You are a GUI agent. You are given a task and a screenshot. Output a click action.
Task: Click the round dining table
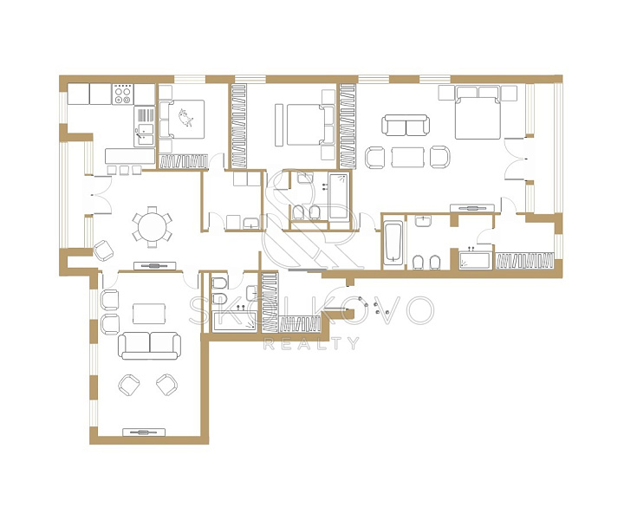tap(152, 228)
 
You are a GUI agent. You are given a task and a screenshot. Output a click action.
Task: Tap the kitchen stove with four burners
tap(122, 94)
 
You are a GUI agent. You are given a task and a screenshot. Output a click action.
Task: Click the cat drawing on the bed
tap(185, 118)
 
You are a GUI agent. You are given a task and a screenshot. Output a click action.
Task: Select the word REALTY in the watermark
tap(311, 343)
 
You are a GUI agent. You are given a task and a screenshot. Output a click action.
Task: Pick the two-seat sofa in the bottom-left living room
tap(150, 346)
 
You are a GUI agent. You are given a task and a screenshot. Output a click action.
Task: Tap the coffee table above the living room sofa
tap(149, 314)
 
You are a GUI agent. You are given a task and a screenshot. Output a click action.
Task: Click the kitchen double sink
tap(145, 135)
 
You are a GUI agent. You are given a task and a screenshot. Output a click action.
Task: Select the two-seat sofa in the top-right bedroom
tap(406, 125)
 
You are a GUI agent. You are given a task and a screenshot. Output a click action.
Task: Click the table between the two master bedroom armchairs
tap(407, 157)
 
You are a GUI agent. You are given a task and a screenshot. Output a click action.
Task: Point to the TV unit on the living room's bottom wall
tap(144, 432)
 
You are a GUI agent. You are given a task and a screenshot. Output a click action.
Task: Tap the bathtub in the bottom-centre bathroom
tap(234, 322)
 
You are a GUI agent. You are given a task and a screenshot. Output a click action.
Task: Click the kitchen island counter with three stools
tap(130, 156)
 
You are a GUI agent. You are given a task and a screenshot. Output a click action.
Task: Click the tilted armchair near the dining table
tap(103, 250)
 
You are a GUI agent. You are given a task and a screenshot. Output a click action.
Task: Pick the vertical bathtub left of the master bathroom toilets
tap(393, 244)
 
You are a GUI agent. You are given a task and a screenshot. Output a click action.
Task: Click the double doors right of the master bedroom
tap(517, 159)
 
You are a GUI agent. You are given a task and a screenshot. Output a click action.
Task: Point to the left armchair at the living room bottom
tap(129, 385)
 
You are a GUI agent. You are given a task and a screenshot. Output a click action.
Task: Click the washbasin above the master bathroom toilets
tap(424, 221)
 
